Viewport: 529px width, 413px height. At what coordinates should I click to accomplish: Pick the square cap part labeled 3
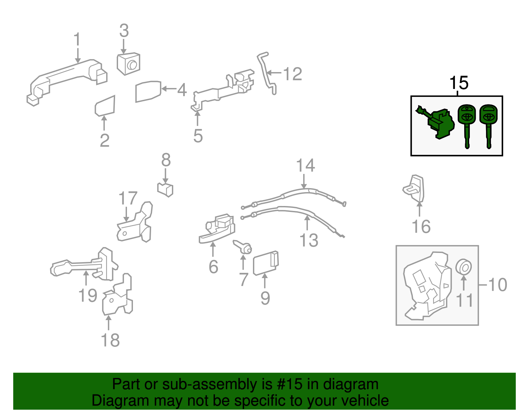click(128, 64)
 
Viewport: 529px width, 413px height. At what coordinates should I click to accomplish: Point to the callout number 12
click(293, 74)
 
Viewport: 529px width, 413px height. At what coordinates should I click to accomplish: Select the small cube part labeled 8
click(166, 189)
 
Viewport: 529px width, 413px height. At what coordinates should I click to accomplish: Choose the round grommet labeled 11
click(464, 267)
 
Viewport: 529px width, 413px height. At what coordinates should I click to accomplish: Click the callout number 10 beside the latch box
click(498, 285)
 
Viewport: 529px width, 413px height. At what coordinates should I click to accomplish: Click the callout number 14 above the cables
click(305, 165)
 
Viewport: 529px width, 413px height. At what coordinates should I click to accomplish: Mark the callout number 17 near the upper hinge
click(128, 198)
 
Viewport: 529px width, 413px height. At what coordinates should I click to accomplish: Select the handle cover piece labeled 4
click(148, 91)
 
